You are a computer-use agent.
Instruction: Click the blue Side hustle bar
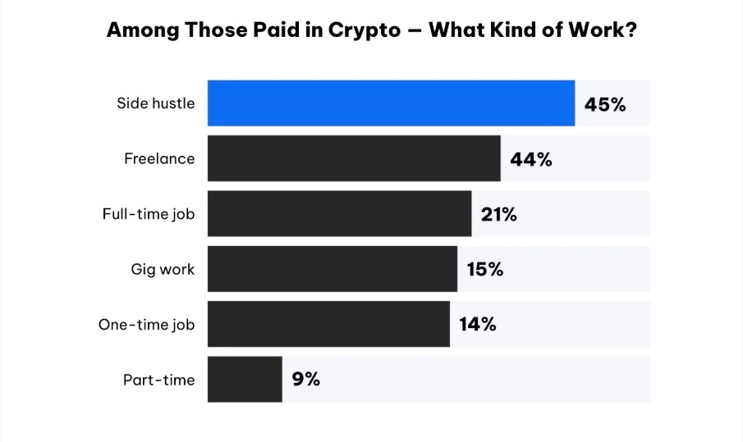click(x=391, y=103)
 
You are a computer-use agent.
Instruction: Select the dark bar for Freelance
click(x=354, y=158)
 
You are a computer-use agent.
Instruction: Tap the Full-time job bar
click(x=339, y=214)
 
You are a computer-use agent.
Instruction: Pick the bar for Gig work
click(x=332, y=269)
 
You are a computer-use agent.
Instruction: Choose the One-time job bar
click(x=328, y=324)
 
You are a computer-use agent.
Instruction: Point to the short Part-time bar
click(x=245, y=379)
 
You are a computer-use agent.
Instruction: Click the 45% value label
click(x=605, y=104)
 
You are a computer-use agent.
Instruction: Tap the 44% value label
click(x=531, y=159)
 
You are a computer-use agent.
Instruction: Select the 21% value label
click(x=499, y=215)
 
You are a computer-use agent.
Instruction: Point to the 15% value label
click(x=484, y=269)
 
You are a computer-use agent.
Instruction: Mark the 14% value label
click(x=477, y=324)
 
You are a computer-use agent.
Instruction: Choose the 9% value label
click(x=305, y=379)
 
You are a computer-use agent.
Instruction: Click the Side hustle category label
click(x=156, y=104)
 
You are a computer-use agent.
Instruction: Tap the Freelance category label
click(x=159, y=159)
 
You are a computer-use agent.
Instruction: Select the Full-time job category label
click(x=149, y=214)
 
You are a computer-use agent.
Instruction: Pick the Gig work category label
click(x=163, y=269)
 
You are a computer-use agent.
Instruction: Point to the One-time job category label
click(x=146, y=325)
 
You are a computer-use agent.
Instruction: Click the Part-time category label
click(x=159, y=380)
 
